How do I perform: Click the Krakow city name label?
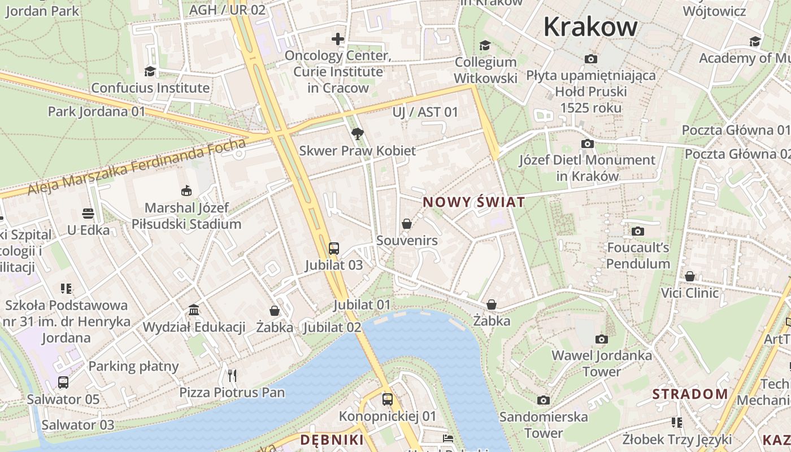[x=590, y=27]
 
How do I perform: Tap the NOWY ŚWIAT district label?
[x=474, y=202]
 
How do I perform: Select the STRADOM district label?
[x=690, y=394]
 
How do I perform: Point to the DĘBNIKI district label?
[x=332, y=440]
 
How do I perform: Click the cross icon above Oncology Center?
[x=338, y=39]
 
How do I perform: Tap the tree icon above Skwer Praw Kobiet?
[x=357, y=134]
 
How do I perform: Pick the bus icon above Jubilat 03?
[x=334, y=248]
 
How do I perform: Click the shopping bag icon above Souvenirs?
[x=407, y=224]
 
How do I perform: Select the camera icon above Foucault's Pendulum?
[x=638, y=231]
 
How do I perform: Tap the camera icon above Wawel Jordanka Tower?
[x=602, y=339]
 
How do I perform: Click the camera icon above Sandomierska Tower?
[x=544, y=401]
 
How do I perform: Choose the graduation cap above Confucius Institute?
[x=150, y=71]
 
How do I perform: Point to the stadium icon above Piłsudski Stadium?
[x=186, y=191]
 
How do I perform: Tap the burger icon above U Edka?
[x=88, y=214]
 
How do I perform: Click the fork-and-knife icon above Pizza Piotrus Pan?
[x=232, y=375]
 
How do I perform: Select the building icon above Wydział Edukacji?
[x=194, y=310]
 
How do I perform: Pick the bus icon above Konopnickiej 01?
[x=388, y=399]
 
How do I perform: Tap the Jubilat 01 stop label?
[x=362, y=305]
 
